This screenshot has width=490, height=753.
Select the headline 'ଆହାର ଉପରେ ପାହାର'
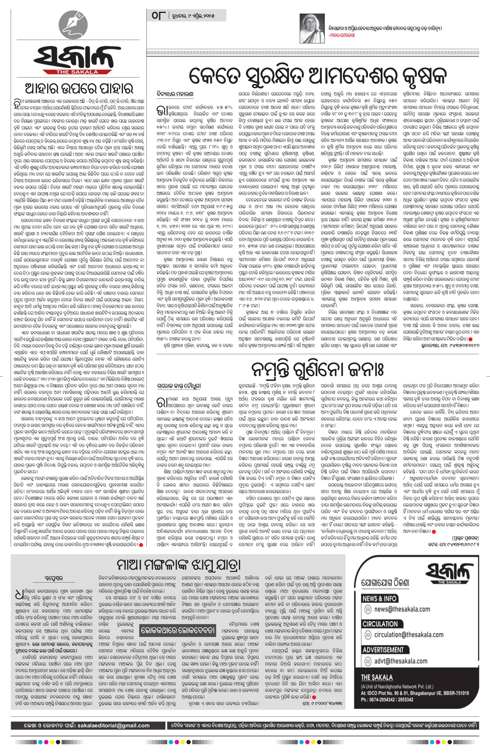click(78, 89)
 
